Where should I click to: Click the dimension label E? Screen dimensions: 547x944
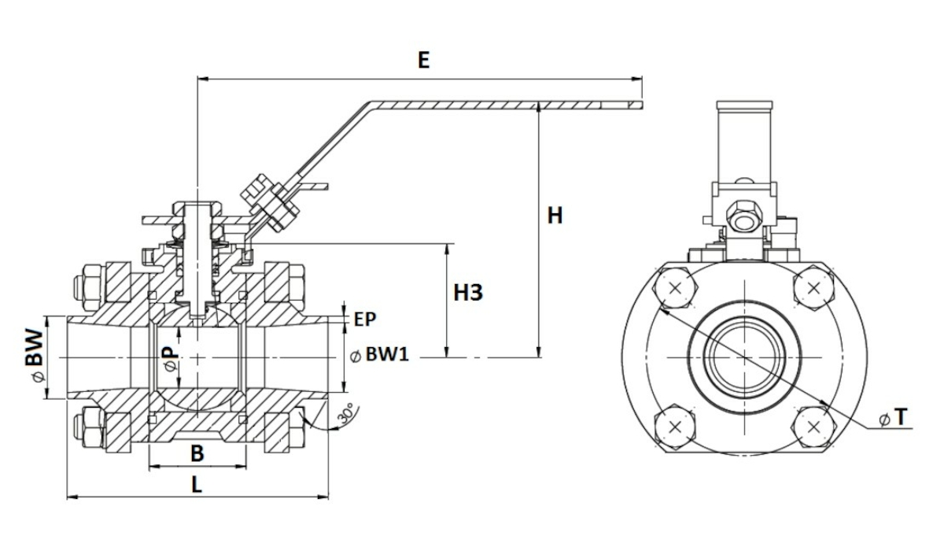point(423,61)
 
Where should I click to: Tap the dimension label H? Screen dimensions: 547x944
point(555,215)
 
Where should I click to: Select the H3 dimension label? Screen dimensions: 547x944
point(468,293)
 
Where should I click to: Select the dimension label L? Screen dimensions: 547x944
point(197,485)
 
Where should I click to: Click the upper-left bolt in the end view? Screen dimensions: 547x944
point(675,289)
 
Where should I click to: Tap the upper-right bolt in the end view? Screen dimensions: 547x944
point(813,289)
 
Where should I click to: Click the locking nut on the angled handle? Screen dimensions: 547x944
point(270,203)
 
